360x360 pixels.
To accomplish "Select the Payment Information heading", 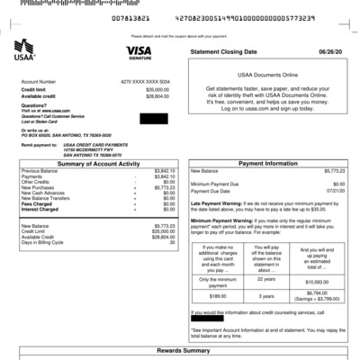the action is pyautogui.click(x=267, y=163).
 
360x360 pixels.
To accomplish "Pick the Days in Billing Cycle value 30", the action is pyautogui.click(x=172, y=242).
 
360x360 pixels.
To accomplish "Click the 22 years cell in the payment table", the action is pyautogui.click(x=266, y=279).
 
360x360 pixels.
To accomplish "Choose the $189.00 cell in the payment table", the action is pyautogui.click(x=218, y=295).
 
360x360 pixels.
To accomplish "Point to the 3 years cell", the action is pyautogui.click(x=266, y=295).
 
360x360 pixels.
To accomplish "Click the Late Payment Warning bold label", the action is pyautogui.click(x=214, y=203).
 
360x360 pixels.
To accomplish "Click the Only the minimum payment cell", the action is pyautogui.click(x=218, y=282).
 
